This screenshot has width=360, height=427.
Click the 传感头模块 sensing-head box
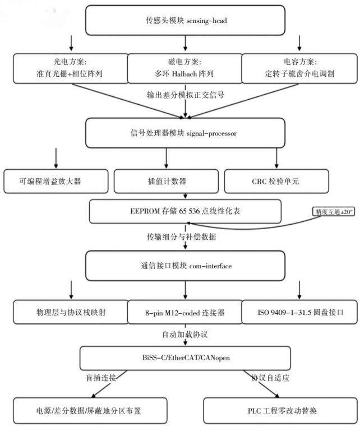coord(185,20)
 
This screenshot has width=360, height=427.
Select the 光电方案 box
coord(71,68)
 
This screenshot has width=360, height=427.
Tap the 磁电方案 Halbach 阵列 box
coord(185,68)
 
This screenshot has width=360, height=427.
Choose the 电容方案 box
coord(299,68)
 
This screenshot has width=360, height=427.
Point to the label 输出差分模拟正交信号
coord(186,95)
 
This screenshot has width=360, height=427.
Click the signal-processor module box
coord(185,133)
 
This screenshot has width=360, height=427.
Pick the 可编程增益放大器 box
coord(56,182)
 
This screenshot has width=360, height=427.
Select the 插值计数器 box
coord(166,182)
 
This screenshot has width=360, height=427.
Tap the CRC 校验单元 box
coord(276,182)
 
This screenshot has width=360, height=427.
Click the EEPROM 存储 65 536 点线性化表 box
coord(185,211)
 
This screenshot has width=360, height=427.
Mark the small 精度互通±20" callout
coord(334,212)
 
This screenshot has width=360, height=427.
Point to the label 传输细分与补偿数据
coord(182,236)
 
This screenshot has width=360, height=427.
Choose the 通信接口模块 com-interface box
coord(185,266)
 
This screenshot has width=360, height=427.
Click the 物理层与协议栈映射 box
coord(71,312)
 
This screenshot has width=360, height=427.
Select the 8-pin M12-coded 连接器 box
coord(185,312)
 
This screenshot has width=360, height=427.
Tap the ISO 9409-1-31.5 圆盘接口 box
coord(299,312)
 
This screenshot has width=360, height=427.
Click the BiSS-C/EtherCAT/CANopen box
coord(185,358)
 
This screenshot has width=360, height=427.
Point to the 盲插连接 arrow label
coord(101,378)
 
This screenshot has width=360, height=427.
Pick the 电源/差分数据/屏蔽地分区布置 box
coord(90,411)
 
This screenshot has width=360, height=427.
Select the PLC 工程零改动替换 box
coord(280,411)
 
